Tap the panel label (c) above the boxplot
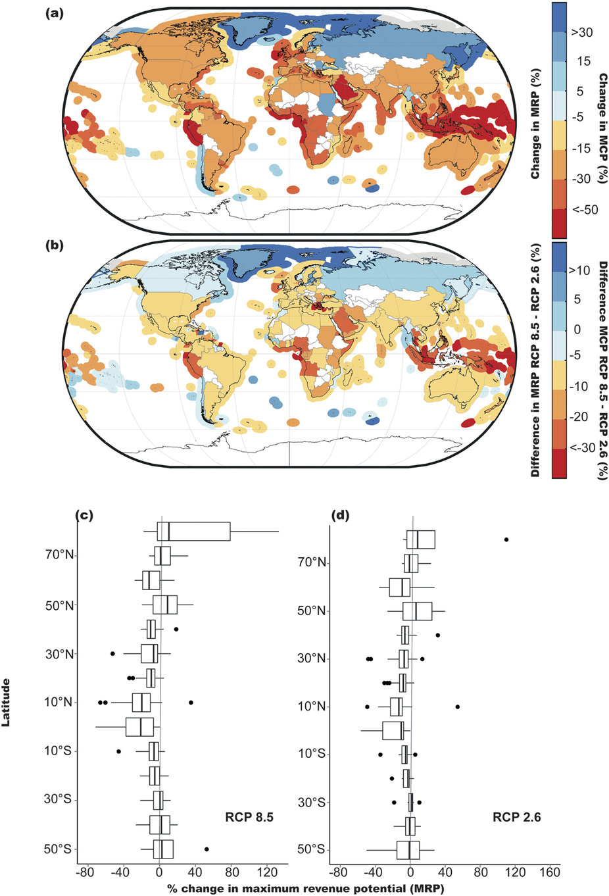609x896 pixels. tap(88, 515)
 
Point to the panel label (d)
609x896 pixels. tap(341, 515)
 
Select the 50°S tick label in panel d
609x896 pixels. tap(311, 850)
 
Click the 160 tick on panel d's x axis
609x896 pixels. tap(549, 872)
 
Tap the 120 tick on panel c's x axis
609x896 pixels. tap(267, 872)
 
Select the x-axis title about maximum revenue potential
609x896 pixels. tap(305, 888)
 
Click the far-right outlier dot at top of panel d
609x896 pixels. tap(506, 539)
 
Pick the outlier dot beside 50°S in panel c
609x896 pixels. tap(207, 849)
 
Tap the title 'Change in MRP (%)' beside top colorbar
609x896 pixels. tap(536, 125)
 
